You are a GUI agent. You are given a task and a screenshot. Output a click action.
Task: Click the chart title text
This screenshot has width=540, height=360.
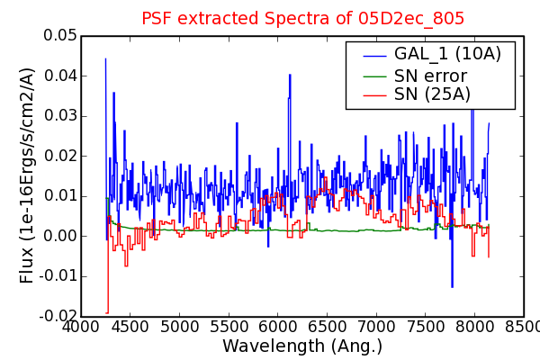tap(302, 18)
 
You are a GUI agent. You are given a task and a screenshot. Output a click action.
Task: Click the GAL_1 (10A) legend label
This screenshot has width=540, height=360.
tap(447, 54)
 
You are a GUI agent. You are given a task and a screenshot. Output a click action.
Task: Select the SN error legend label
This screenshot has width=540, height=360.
tap(430, 76)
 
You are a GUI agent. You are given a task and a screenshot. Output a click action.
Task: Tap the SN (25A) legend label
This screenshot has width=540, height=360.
tap(432, 94)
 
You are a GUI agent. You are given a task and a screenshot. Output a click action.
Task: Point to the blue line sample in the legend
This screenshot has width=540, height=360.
tap(375, 55)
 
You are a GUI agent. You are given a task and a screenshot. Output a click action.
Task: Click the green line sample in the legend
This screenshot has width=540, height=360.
tap(375, 76)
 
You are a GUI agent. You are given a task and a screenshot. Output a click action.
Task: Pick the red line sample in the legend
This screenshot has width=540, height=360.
tap(375, 95)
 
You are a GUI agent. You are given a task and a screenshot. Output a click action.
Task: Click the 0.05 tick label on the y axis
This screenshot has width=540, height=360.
tap(60, 35)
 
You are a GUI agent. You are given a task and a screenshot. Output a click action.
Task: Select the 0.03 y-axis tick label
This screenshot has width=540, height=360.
tap(60, 116)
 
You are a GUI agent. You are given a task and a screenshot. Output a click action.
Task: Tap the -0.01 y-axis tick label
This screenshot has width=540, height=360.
tap(58, 276)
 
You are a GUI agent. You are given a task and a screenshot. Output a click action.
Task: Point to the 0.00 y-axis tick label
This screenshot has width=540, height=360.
tap(60, 237)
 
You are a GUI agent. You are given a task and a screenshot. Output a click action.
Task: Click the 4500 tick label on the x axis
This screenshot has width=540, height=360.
tap(130, 327)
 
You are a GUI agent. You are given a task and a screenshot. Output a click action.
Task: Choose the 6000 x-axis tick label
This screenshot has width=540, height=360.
tap(277, 327)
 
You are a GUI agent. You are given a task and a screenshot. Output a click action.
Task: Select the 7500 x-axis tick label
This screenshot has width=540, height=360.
tap(426, 327)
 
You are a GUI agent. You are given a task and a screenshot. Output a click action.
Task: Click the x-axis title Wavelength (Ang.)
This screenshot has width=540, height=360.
tap(302, 346)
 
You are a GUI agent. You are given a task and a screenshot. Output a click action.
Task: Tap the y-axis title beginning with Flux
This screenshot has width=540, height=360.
tap(27, 175)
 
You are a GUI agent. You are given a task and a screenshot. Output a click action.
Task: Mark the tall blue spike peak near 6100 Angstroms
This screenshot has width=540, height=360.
tap(290, 75)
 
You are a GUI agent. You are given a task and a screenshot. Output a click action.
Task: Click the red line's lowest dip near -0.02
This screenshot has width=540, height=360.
tap(107, 313)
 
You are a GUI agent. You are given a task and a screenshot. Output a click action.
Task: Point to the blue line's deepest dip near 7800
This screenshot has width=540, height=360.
tap(452, 286)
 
